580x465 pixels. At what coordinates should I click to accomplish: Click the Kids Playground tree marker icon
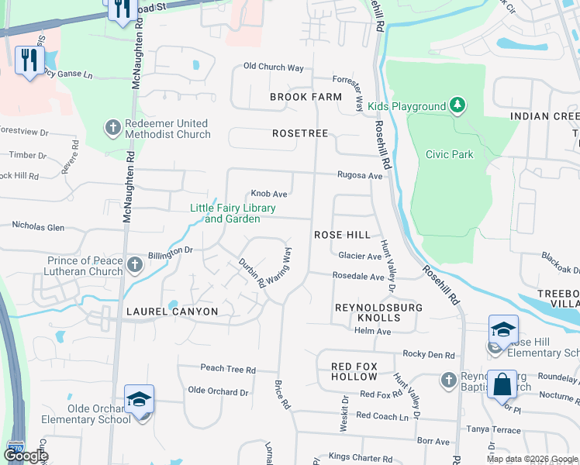tap(457, 105)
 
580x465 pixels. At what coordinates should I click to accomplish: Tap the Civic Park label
tap(449, 154)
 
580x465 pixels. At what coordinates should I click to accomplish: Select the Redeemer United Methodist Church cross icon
tap(112, 128)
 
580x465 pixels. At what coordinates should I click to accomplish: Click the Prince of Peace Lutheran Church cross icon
tap(135, 265)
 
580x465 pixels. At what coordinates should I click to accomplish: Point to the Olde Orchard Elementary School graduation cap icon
tap(140, 399)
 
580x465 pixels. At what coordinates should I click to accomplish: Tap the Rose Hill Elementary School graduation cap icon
tap(503, 329)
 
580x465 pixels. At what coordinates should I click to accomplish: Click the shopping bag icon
tap(502, 384)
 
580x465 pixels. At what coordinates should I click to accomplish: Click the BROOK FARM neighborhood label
tap(306, 97)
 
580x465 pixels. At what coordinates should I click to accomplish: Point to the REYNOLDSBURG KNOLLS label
tap(368, 312)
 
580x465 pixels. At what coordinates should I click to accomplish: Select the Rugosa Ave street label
tap(360, 176)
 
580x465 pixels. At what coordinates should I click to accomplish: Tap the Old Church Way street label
tap(273, 67)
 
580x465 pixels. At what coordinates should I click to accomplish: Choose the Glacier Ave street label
tap(360, 256)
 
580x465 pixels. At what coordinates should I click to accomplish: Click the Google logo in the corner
tap(26, 456)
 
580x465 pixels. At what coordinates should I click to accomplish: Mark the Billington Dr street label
tap(170, 251)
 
